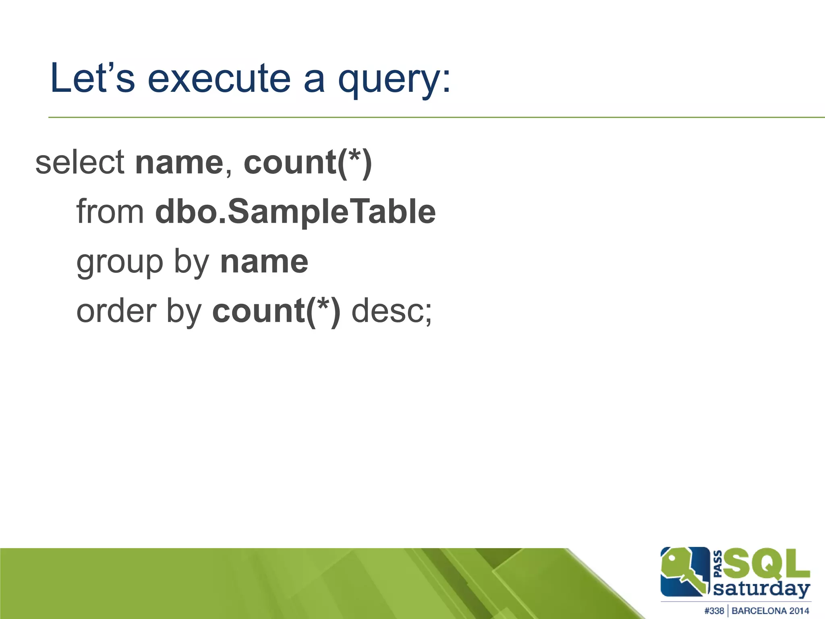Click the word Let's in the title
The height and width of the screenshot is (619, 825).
point(92,78)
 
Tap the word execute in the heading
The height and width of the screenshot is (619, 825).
point(219,78)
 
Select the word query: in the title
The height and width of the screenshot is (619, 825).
point(394,81)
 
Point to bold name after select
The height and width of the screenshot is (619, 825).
point(179,163)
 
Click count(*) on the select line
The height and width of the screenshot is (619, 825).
point(308,163)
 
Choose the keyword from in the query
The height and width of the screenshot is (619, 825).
point(110,212)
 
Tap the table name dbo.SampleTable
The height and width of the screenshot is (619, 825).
point(295,213)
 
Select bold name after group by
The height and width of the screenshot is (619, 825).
point(264,262)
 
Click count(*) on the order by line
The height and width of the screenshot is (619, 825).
point(276,312)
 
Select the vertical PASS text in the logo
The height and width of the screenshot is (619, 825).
point(717,563)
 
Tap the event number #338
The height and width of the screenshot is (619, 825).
point(714,611)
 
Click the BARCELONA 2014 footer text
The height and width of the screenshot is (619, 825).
point(770,611)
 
